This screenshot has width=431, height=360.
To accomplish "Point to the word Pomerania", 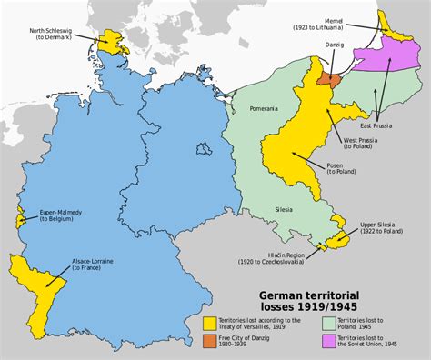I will point(265,108).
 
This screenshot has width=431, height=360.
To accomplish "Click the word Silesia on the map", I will point(285,208).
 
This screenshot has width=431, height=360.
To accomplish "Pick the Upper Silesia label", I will point(380,226).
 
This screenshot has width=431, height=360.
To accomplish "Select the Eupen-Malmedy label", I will point(59,217).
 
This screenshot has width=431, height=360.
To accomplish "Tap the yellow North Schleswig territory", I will point(115,40).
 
